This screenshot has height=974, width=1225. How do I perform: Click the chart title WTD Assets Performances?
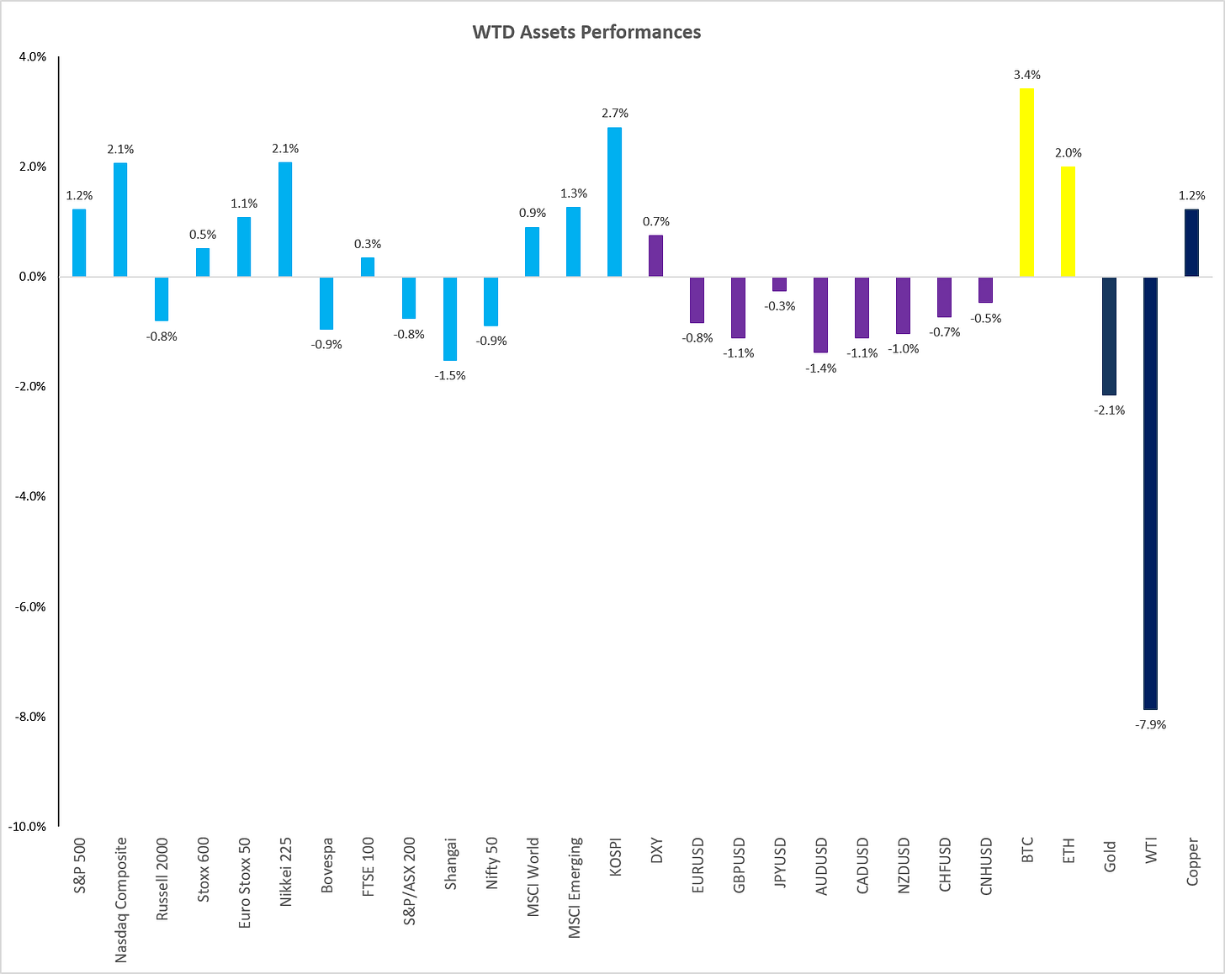pyautogui.click(x=586, y=33)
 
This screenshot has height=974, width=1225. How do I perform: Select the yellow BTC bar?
pyautogui.click(x=1026, y=183)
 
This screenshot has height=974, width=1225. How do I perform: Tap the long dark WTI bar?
pyautogui.click(x=1150, y=493)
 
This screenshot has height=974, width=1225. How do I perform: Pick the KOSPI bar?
pyautogui.click(x=614, y=202)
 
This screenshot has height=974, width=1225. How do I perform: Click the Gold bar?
pyautogui.click(x=1109, y=336)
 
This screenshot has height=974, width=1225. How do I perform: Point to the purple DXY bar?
pyautogui.click(x=655, y=257)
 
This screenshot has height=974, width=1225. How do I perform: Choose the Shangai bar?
pyautogui.click(x=449, y=319)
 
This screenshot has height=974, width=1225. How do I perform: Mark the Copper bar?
pyautogui.click(x=1191, y=243)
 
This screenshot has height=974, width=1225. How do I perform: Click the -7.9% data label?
pyautogui.click(x=1150, y=725)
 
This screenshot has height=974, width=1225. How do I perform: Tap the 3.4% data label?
pyautogui.click(x=1027, y=75)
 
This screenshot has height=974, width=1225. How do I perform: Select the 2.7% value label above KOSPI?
pyautogui.click(x=615, y=114)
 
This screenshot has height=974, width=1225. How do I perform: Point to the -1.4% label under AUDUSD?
pyautogui.click(x=821, y=368)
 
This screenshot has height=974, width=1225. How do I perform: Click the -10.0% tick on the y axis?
pyautogui.click(x=27, y=827)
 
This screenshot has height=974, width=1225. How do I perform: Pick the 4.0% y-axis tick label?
pyautogui.click(x=33, y=57)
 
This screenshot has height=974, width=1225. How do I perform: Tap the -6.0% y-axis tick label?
pyautogui.click(x=30, y=606)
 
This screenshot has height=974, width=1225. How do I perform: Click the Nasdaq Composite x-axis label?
pyautogui.click(x=120, y=900)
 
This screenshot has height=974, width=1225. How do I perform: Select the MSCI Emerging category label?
pyautogui.click(x=574, y=887)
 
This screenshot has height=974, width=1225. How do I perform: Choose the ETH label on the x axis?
pyautogui.click(x=1069, y=850)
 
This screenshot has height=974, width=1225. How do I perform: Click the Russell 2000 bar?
pyautogui.click(x=162, y=299)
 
